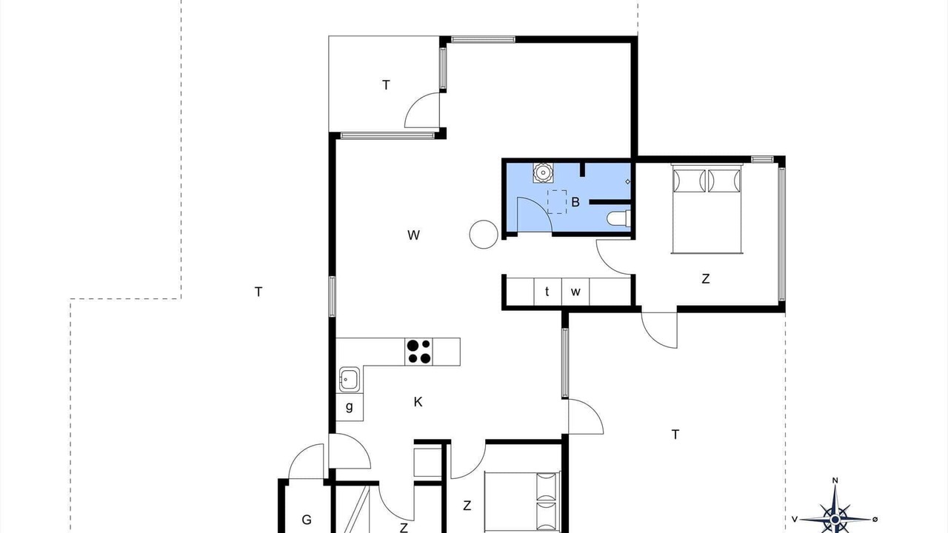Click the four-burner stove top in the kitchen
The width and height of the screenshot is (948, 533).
pyautogui.click(x=419, y=352)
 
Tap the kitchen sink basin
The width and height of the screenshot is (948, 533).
pyautogui.click(x=349, y=380)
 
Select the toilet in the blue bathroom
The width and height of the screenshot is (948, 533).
pyautogui.click(x=618, y=218)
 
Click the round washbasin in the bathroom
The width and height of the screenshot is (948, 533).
pyautogui.click(x=543, y=172)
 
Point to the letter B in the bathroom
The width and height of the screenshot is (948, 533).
pyautogui.click(x=575, y=202)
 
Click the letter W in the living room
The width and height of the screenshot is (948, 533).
pyautogui.click(x=413, y=235)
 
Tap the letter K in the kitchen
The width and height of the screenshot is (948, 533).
pyautogui.click(x=418, y=402)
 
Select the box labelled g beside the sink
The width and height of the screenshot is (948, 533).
pyautogui.click(x=349, y=407)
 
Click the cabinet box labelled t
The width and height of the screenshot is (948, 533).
pyautogui.click(x=547, y=292)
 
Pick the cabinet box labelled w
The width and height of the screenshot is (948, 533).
pyautogui.click(x=575, y=292)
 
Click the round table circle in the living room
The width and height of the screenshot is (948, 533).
pyautogui.click(x=484, y=235)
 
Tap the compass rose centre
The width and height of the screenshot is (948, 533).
pyautogui.click(x=835, y=519)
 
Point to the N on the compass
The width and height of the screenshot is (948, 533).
pyautogui.click(x=835, y=480)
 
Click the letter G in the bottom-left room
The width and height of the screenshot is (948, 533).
pyautogui.click(x=307, y=520)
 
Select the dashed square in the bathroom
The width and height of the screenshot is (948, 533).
pyautogui.click(x=557, y=202)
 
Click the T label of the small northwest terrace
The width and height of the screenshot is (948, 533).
pyautogui.click(x=386, y=85)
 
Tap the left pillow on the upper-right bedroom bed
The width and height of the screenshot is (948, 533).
pyautogui.click(x=689, y=181)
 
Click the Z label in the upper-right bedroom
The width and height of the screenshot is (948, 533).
pyautogui.click(x=706, y=279)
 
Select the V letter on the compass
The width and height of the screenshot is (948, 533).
pyautogui.click(x=795, y=519)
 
